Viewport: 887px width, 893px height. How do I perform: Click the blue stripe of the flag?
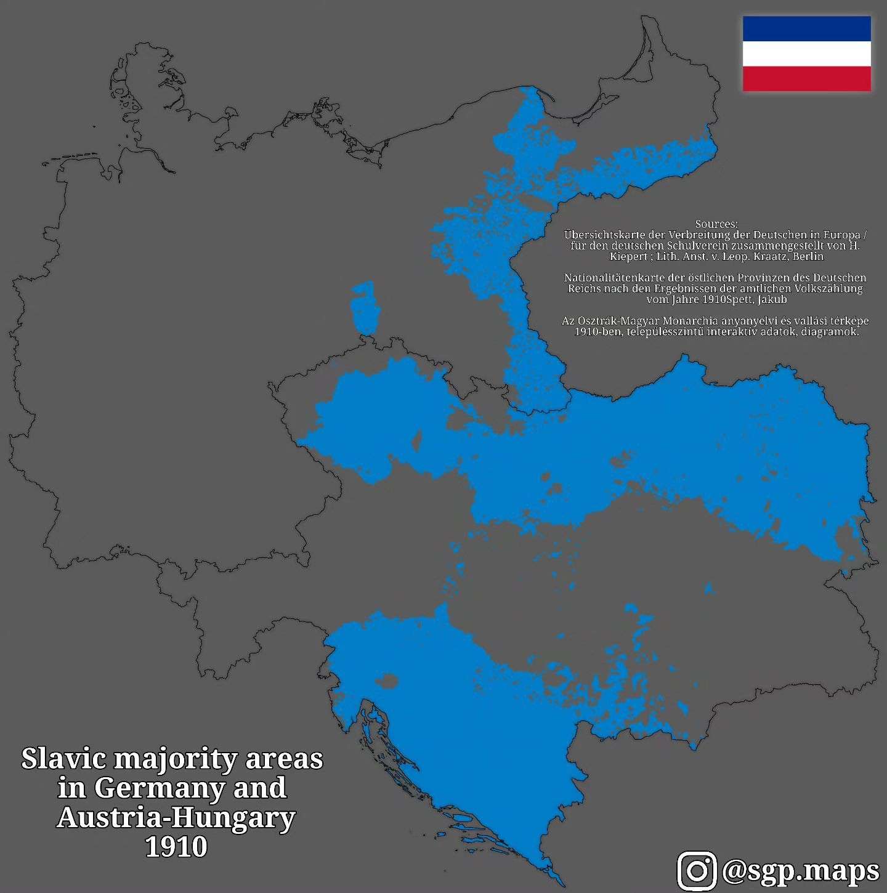tap(806, 28)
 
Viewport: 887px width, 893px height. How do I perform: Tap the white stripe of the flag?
tap(806, 54)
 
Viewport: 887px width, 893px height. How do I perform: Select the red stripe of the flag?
tap(806, 79)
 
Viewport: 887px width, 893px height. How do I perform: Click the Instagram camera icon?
tap(697, 870)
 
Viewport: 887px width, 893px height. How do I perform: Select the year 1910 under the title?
tap(176, 847)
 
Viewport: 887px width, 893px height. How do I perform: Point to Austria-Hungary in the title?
tap(176, 818)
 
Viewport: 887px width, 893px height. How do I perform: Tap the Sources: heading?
tap(716, 224)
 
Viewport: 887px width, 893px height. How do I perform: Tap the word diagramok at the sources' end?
tap(834, 332)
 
